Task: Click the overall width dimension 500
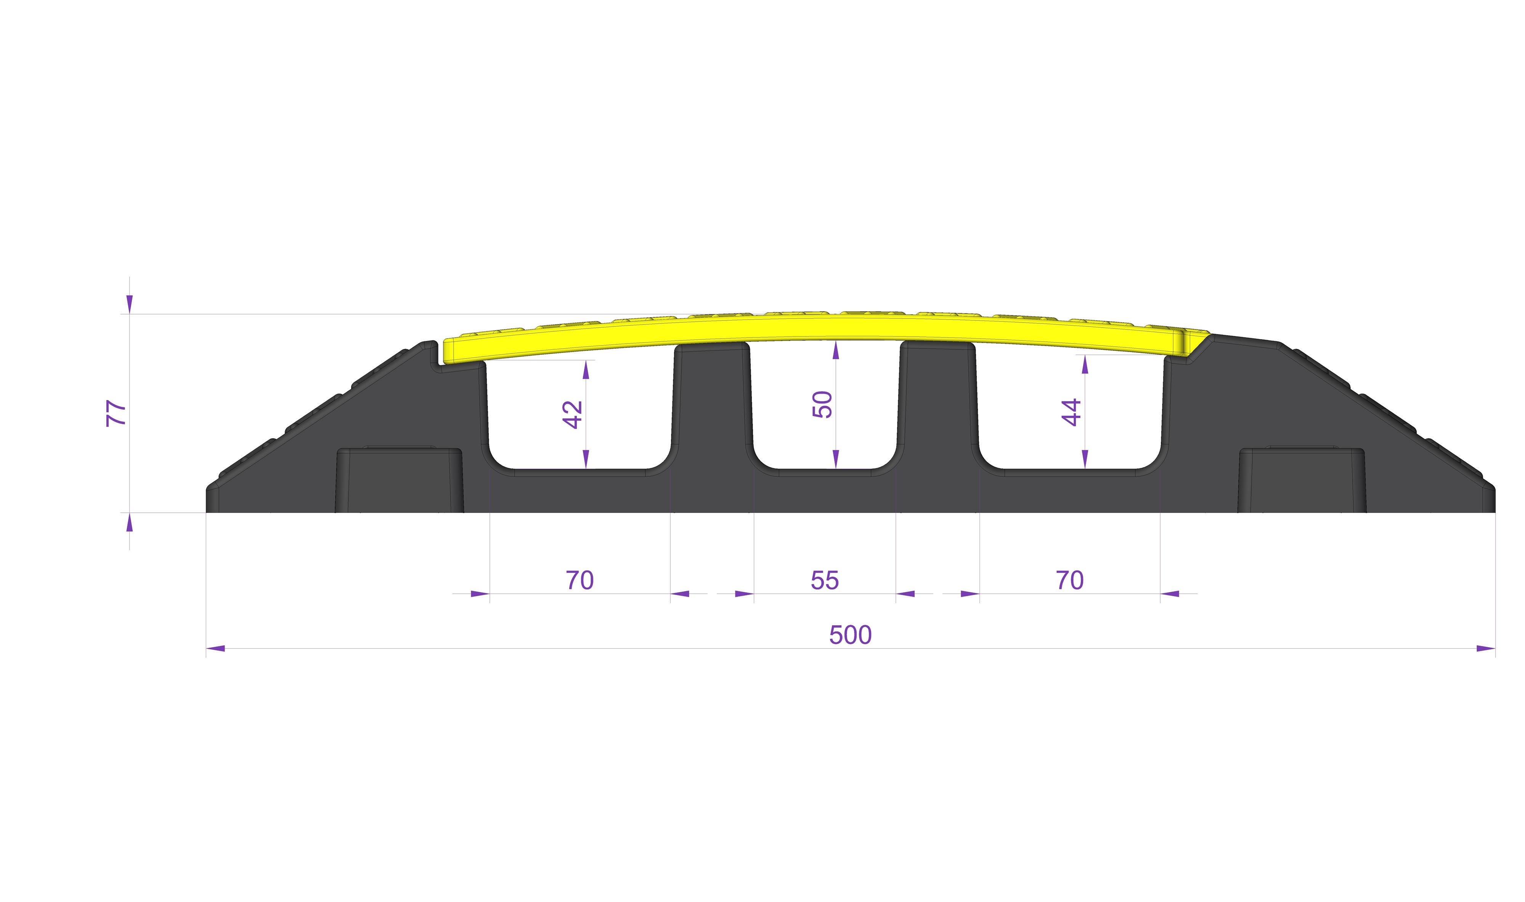(850, 635)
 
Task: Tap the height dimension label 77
(117, 413)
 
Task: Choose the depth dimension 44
(1071, 412)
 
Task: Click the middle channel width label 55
(825, 580)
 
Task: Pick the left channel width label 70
(579, 580)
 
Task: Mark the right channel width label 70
(1069, 580)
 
